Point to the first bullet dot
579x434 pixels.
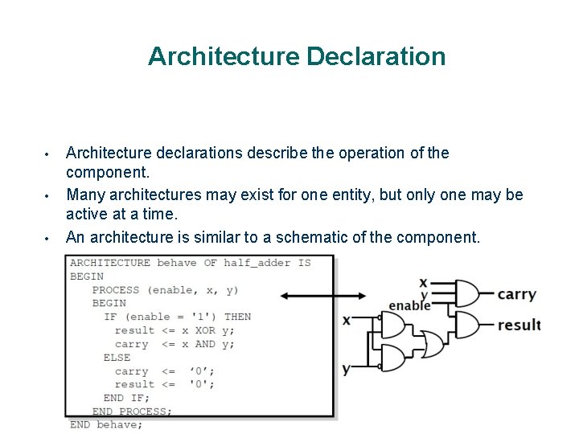[48, 154]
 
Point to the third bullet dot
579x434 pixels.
[48, 238]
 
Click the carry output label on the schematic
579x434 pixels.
[516, 293]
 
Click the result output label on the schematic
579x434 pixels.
[519, 325]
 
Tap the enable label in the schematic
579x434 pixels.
[409, 305]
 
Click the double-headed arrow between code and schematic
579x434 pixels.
[321, 297]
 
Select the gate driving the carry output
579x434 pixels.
[468, 293]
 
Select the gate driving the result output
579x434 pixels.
[468, 325]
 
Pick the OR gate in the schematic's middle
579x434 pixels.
[431, 344]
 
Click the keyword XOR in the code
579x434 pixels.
[205, 330]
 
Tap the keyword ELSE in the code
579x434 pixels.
[117, 358]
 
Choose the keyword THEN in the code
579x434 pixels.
[237, 317]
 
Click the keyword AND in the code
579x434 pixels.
[205, 344]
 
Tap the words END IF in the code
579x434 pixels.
[126, 398]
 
